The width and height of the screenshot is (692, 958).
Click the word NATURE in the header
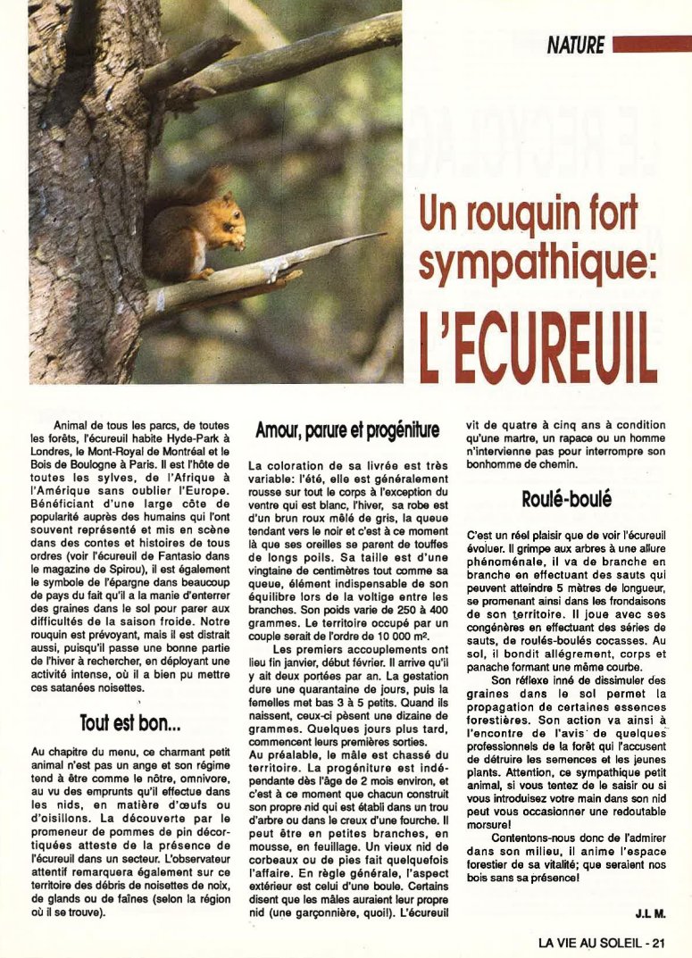click(x=576, y=45)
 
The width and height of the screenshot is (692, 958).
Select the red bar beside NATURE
click(x=652, y=45)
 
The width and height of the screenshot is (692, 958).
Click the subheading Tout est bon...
click(x=131, y=722)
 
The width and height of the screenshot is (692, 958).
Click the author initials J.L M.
click(x=651, y=913)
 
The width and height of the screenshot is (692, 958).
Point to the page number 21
click(x=659, y=941)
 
